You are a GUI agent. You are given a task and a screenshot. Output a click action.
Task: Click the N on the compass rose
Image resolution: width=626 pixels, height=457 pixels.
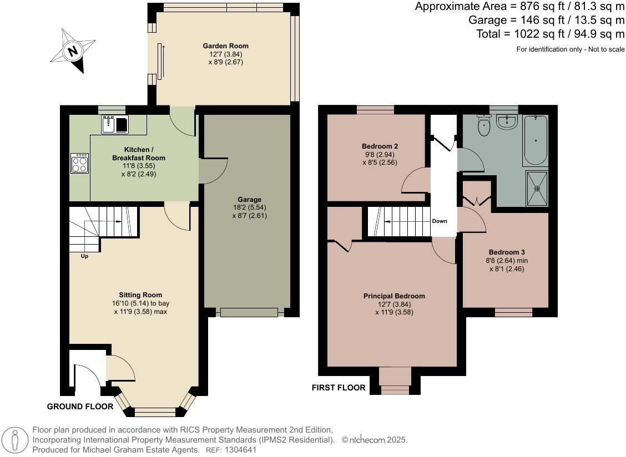(73, 52)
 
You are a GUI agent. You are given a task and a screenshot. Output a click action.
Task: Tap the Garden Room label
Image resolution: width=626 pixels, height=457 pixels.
(225, 46)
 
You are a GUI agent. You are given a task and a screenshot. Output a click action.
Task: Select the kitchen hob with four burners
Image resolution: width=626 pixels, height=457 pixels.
(80, 163)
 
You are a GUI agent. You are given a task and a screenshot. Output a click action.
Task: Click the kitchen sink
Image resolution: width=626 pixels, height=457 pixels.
(115, 124)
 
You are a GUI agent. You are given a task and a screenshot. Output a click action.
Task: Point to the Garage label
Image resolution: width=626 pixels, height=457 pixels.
(250, 200)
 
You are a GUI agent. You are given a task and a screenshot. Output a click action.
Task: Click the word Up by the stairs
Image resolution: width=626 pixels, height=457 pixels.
(85, 256)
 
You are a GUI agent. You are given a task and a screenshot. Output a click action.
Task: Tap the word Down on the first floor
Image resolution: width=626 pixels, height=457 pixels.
(440, 221)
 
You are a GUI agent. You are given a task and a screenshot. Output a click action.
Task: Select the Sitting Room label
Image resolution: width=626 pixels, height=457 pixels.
(140, 295)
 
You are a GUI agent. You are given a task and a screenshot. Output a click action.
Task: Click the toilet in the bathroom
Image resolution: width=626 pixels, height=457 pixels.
(484, 125)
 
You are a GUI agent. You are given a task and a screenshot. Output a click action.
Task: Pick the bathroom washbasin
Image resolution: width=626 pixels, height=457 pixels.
(507, 122)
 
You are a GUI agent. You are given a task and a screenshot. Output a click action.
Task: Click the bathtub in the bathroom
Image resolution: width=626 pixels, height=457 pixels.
(536, 140)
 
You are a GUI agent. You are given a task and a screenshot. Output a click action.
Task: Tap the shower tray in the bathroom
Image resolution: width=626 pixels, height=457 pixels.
(537, 189)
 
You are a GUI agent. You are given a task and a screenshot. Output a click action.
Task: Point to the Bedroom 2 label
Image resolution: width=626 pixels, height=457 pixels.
(380, 146)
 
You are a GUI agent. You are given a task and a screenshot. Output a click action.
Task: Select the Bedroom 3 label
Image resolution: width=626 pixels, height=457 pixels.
(507, 252)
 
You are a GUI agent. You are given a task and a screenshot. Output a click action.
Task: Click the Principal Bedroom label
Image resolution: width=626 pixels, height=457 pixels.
(394, 296)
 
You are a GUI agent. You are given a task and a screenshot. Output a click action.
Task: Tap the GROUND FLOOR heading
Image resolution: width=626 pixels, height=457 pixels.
(80, 407)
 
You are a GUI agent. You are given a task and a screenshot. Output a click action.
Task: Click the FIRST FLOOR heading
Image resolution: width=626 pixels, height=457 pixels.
(339, 388)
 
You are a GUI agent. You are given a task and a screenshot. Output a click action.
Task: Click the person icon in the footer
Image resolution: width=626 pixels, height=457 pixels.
(15, 440)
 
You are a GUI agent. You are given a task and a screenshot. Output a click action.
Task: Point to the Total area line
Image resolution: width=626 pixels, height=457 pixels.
(551, 33)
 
